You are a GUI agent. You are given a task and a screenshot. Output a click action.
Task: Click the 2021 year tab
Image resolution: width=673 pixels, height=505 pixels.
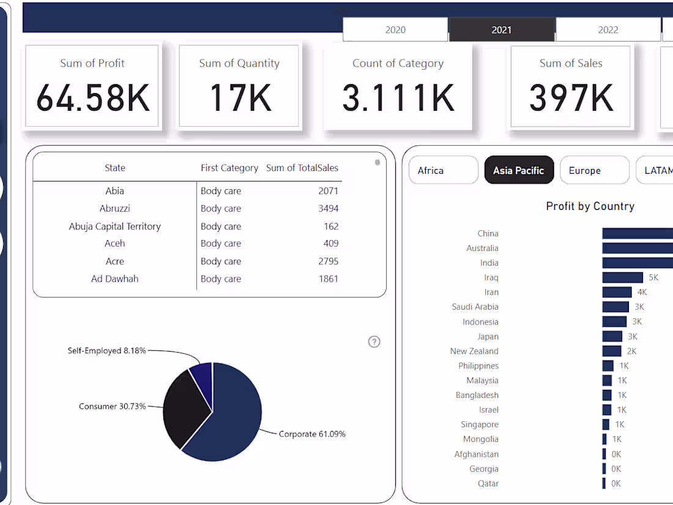(x=501, y=29)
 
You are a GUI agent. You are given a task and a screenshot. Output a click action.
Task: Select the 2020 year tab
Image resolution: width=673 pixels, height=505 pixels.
(x=395, y=29)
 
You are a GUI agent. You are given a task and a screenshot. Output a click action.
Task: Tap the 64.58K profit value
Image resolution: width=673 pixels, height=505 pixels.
(x=92, y=97)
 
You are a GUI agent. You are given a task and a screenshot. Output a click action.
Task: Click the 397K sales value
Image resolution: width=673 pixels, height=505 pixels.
(x=571, y=97)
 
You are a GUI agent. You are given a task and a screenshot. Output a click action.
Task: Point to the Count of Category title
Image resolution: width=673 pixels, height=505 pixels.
(x=398, y=63)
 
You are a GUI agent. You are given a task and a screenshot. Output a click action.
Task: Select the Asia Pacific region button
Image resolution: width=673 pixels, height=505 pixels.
(x=518, y=170)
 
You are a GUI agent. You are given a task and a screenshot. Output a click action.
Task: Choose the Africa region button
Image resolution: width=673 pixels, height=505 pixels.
(x=443, y=170)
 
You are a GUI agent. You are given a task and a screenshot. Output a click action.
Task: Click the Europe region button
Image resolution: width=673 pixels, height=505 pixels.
(x=594, y=170)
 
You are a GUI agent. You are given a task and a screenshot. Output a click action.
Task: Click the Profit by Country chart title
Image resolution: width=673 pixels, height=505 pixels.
(x=590, y=206)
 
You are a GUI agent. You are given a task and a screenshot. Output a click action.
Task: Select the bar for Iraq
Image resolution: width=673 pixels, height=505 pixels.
(x=622, y=277)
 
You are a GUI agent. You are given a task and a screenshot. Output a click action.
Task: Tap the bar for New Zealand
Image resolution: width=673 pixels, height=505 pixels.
(x=611, y=351)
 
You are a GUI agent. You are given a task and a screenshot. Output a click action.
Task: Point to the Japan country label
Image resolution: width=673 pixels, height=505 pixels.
(x=488, y=337)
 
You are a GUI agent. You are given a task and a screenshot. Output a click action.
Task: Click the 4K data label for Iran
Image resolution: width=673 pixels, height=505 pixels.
(x=642, y=293)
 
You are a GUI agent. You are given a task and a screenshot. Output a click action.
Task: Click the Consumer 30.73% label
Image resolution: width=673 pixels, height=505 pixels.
(x=112, y=406)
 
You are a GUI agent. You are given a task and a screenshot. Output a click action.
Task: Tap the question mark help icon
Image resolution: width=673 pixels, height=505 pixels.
(x=374, y=342)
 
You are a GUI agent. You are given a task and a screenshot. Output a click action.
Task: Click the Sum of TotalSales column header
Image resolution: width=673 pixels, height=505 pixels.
(x=302, y=168)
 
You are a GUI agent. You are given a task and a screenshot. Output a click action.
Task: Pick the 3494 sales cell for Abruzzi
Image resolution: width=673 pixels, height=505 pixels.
(x=328, y=208)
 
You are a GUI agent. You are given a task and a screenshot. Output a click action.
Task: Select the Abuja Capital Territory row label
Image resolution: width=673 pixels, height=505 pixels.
(x=114, y=226)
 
